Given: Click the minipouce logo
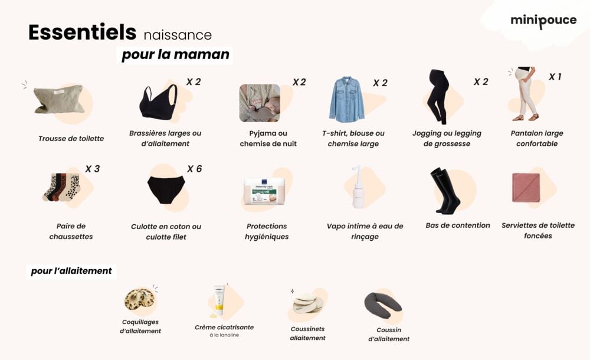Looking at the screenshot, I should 543,21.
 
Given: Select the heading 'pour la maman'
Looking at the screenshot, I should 175,55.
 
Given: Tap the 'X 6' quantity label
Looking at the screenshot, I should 194,169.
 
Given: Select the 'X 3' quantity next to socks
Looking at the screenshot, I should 92,169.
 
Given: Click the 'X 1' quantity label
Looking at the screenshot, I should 555,77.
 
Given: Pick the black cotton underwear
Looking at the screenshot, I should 166,189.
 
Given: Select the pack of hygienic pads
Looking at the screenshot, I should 265,192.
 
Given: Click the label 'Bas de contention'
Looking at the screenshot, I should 458,225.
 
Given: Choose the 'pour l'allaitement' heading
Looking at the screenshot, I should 71,271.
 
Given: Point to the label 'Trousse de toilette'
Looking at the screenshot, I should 71,139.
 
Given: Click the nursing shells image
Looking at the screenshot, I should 140,299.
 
